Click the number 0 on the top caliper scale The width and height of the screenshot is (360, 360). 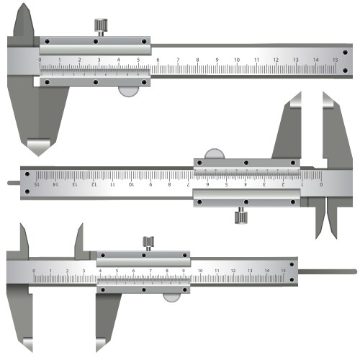[40, 60]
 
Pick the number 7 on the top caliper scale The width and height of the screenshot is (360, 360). [177, 60]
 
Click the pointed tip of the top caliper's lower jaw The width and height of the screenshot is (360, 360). [35, 149]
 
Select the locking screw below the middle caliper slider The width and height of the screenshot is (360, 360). [239, 215]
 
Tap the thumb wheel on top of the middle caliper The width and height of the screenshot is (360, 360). [215, 153]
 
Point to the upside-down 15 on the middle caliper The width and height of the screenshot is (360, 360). [36, 184]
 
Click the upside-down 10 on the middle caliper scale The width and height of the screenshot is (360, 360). [131, 184]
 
